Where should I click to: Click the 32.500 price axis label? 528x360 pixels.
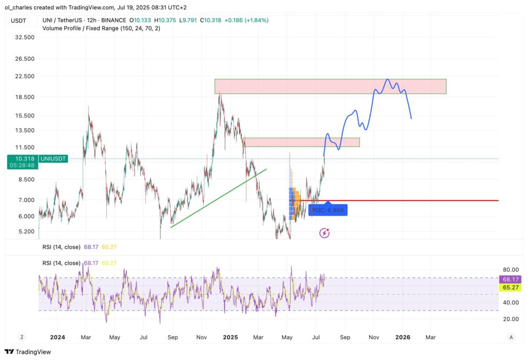(x=25, y=38)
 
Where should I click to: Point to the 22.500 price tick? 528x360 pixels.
(x=25, y=76)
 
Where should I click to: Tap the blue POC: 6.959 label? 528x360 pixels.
(x=327, y=210)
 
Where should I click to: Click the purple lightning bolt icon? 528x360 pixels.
(x=324, y=233)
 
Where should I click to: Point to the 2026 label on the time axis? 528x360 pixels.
(x=402, y=337)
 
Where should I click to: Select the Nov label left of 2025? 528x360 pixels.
(x=202, y=337)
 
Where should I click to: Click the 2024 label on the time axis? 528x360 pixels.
(x=57, y=337)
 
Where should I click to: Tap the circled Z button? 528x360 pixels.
(x=22, y=337)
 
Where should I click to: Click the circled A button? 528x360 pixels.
(x=510, y=337)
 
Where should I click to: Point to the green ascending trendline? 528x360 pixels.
(x=219, y=198)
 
